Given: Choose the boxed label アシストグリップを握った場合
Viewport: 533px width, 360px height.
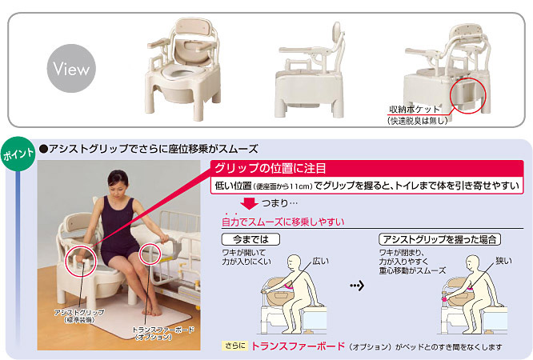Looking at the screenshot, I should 439,239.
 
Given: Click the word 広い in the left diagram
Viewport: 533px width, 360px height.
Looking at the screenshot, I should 321,261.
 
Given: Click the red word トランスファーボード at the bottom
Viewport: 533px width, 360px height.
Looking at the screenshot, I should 298,346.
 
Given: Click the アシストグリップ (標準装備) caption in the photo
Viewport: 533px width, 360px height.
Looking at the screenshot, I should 76,314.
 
